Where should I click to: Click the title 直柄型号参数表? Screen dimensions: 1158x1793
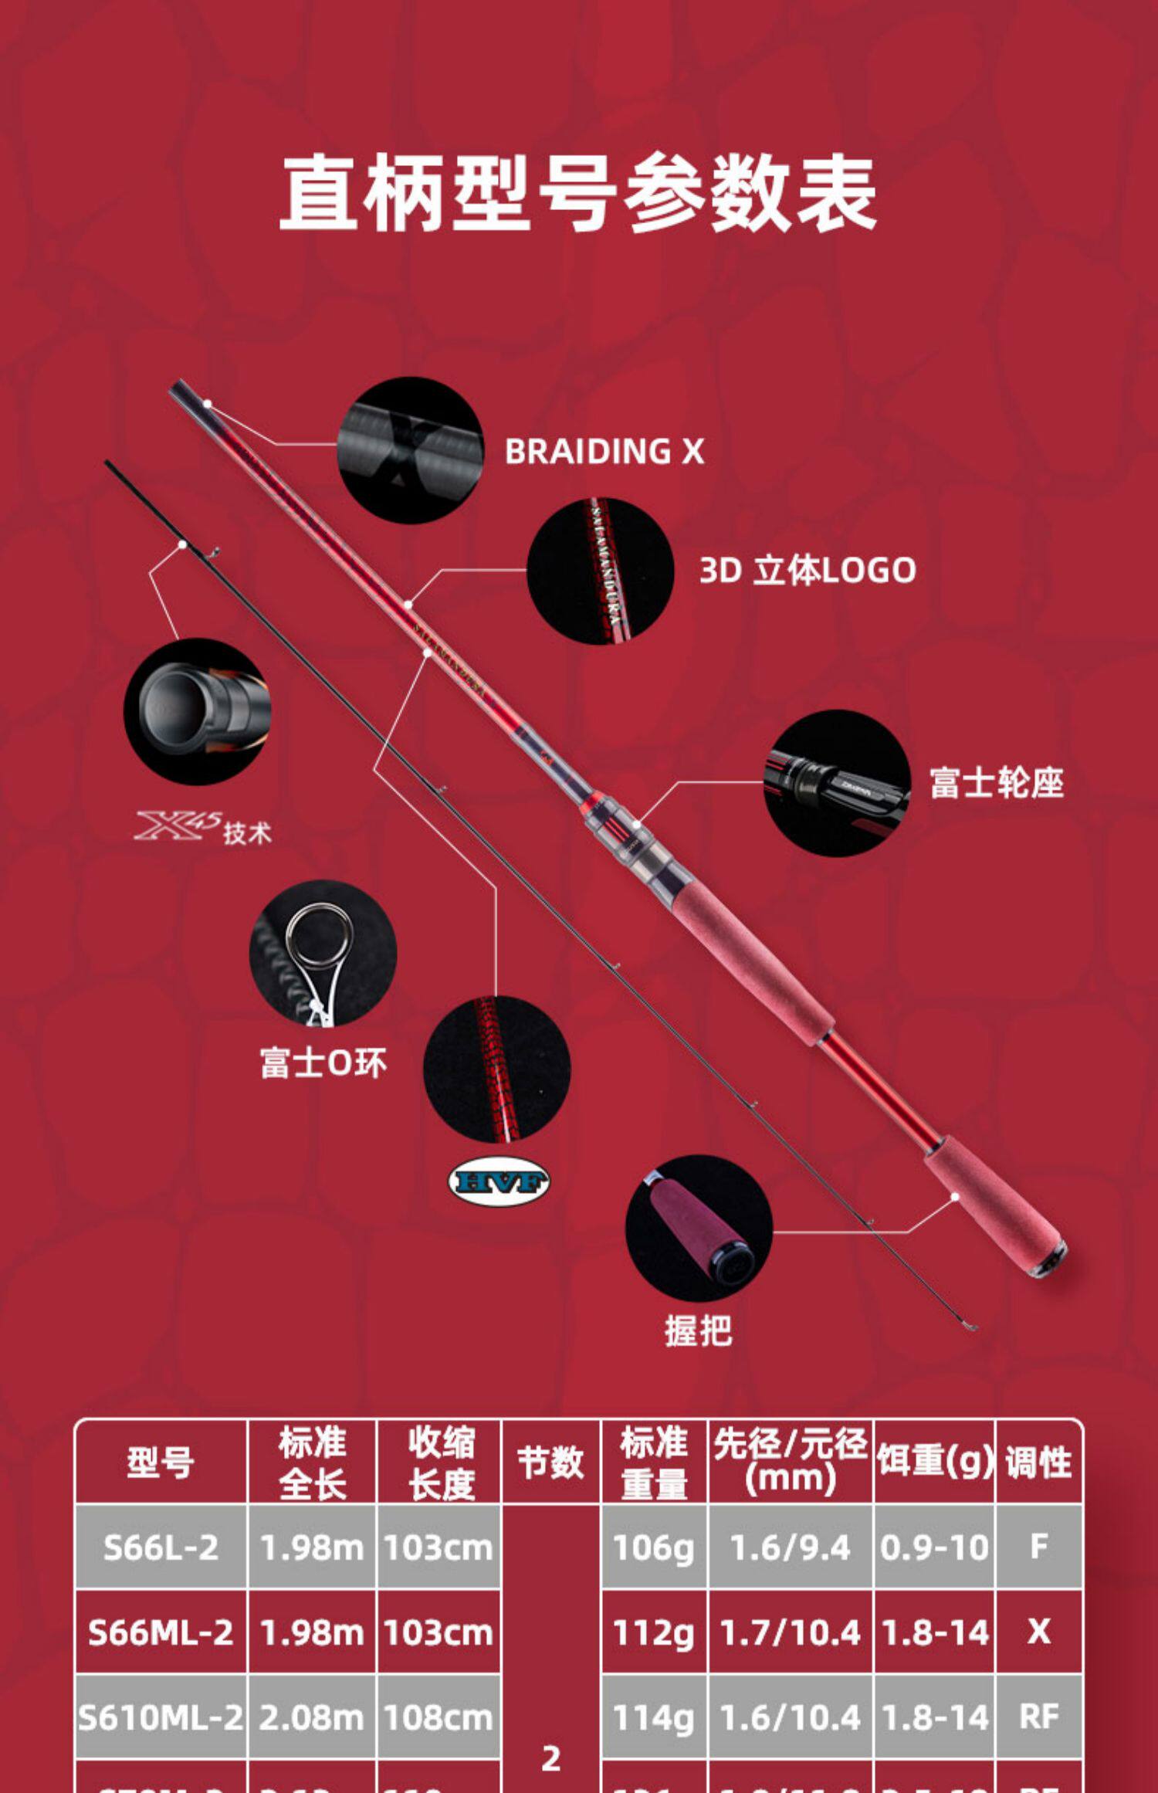pos(577,193)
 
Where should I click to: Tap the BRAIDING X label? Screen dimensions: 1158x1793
pos(604,452)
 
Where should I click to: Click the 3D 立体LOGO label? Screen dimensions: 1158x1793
pos(807,571)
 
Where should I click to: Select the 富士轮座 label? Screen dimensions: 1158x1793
pos(996,783)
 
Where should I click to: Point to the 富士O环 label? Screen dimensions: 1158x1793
pos(323,1063)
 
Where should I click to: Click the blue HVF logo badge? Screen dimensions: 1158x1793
pos(499,1181)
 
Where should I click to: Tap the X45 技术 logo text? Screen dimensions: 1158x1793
pos(203,828)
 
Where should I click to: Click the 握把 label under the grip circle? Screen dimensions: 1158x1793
pos(698,1330)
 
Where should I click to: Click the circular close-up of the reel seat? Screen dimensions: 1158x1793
pos(837,783)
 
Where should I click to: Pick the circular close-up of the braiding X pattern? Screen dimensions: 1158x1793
pos(410,450)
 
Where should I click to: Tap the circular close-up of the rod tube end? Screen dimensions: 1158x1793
pos(197,711)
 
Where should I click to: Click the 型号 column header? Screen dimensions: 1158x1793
pos(160,1462)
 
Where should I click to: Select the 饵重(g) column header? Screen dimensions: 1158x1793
pos(934,1462)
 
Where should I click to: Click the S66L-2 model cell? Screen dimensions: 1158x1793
pos(161,1547)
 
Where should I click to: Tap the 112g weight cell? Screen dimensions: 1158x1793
pos(653,1632)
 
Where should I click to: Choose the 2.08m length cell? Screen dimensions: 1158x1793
pos(311,1717)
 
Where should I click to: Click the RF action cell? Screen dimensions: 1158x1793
pos(1038,1717)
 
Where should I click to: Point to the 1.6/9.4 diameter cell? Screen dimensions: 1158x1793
pos(790,1547)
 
